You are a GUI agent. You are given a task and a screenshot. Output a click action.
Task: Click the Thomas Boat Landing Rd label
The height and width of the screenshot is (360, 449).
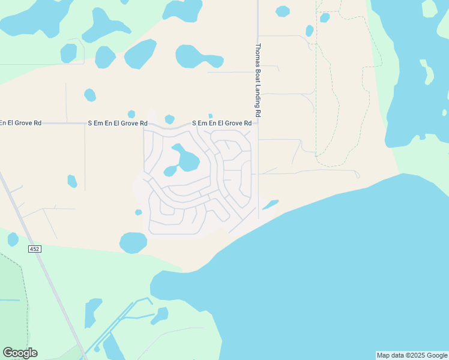[x=258, y=80]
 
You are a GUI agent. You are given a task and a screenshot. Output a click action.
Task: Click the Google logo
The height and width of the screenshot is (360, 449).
[x=20, y=353]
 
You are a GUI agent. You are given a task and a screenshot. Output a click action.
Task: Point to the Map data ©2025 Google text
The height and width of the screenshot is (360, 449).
[x=412, y=355]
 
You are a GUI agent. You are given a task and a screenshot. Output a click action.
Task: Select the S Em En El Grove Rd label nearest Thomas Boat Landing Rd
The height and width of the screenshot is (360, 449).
[x=221, y=123]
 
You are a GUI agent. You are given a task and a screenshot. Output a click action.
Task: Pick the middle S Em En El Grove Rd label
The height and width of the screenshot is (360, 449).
[x=118, y=123]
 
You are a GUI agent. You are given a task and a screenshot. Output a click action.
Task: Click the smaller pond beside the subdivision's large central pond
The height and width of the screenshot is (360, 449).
[x=170, y=171]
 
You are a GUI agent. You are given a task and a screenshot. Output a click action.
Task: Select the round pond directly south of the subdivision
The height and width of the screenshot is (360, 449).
[x=133, y=242]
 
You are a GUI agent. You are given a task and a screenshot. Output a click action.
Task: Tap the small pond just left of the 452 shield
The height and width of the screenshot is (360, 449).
[x=13, y=239]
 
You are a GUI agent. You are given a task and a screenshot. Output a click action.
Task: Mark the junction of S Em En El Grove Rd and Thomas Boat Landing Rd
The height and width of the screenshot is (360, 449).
[x=258, y=124]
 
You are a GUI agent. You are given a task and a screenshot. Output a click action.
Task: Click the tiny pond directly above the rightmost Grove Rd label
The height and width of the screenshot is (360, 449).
[x=210, y=116]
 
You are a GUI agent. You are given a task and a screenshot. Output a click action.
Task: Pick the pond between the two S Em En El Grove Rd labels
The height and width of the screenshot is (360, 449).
[x=169, y=119]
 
